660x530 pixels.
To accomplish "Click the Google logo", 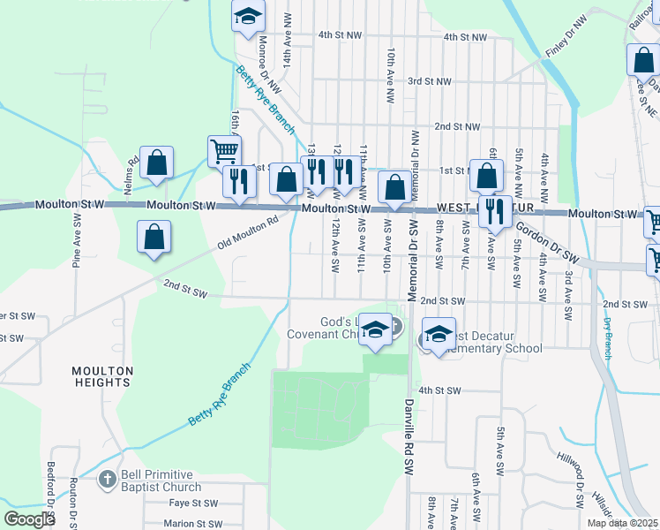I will click(x=30, y=519).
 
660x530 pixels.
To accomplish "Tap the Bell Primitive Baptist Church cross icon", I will click(x=107, y=481).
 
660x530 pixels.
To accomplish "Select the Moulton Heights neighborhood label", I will click(x=103, y=376).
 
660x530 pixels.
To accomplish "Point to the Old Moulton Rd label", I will click(x=248, y=232).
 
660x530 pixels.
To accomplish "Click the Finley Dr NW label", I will click(x=566, y=36).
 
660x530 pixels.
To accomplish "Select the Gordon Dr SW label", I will click(x=546, y=241).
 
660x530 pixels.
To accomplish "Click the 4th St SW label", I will click(x=440, y=390).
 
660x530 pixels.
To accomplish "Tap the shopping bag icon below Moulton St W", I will click(x=154, y=237).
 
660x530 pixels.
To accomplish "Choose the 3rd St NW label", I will click(x=429, y=81).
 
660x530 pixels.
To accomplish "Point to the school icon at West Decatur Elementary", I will click(x=439, y=334).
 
